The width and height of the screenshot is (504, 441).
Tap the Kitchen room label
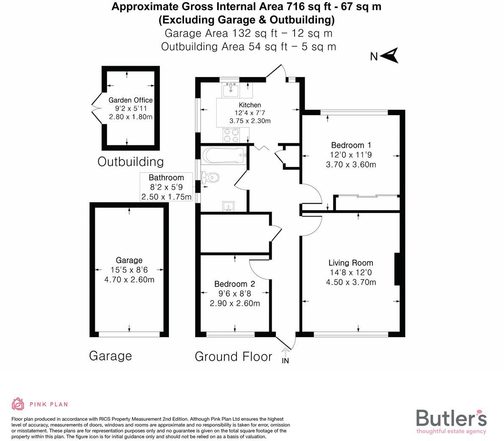250,105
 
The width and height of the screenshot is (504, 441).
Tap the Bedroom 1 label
351,145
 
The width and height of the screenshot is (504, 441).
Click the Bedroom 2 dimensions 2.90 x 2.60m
235,303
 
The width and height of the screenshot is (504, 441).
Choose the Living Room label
351,263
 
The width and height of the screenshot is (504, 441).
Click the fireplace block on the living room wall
397,269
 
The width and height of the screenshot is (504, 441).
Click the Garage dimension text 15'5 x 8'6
129,270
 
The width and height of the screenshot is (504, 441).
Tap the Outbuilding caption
130,161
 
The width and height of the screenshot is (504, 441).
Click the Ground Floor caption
233,356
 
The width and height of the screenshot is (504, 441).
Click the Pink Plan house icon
18,404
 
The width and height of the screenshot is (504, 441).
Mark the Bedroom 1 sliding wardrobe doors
366,196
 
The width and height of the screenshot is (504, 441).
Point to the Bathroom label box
166,187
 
